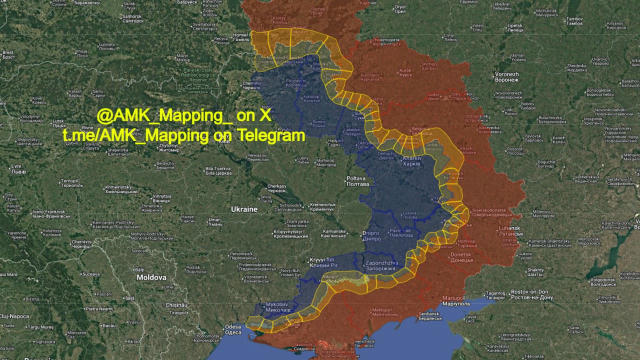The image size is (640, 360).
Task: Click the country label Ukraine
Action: [x=246, y=210]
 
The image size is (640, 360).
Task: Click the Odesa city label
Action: [x=234, y=329]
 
